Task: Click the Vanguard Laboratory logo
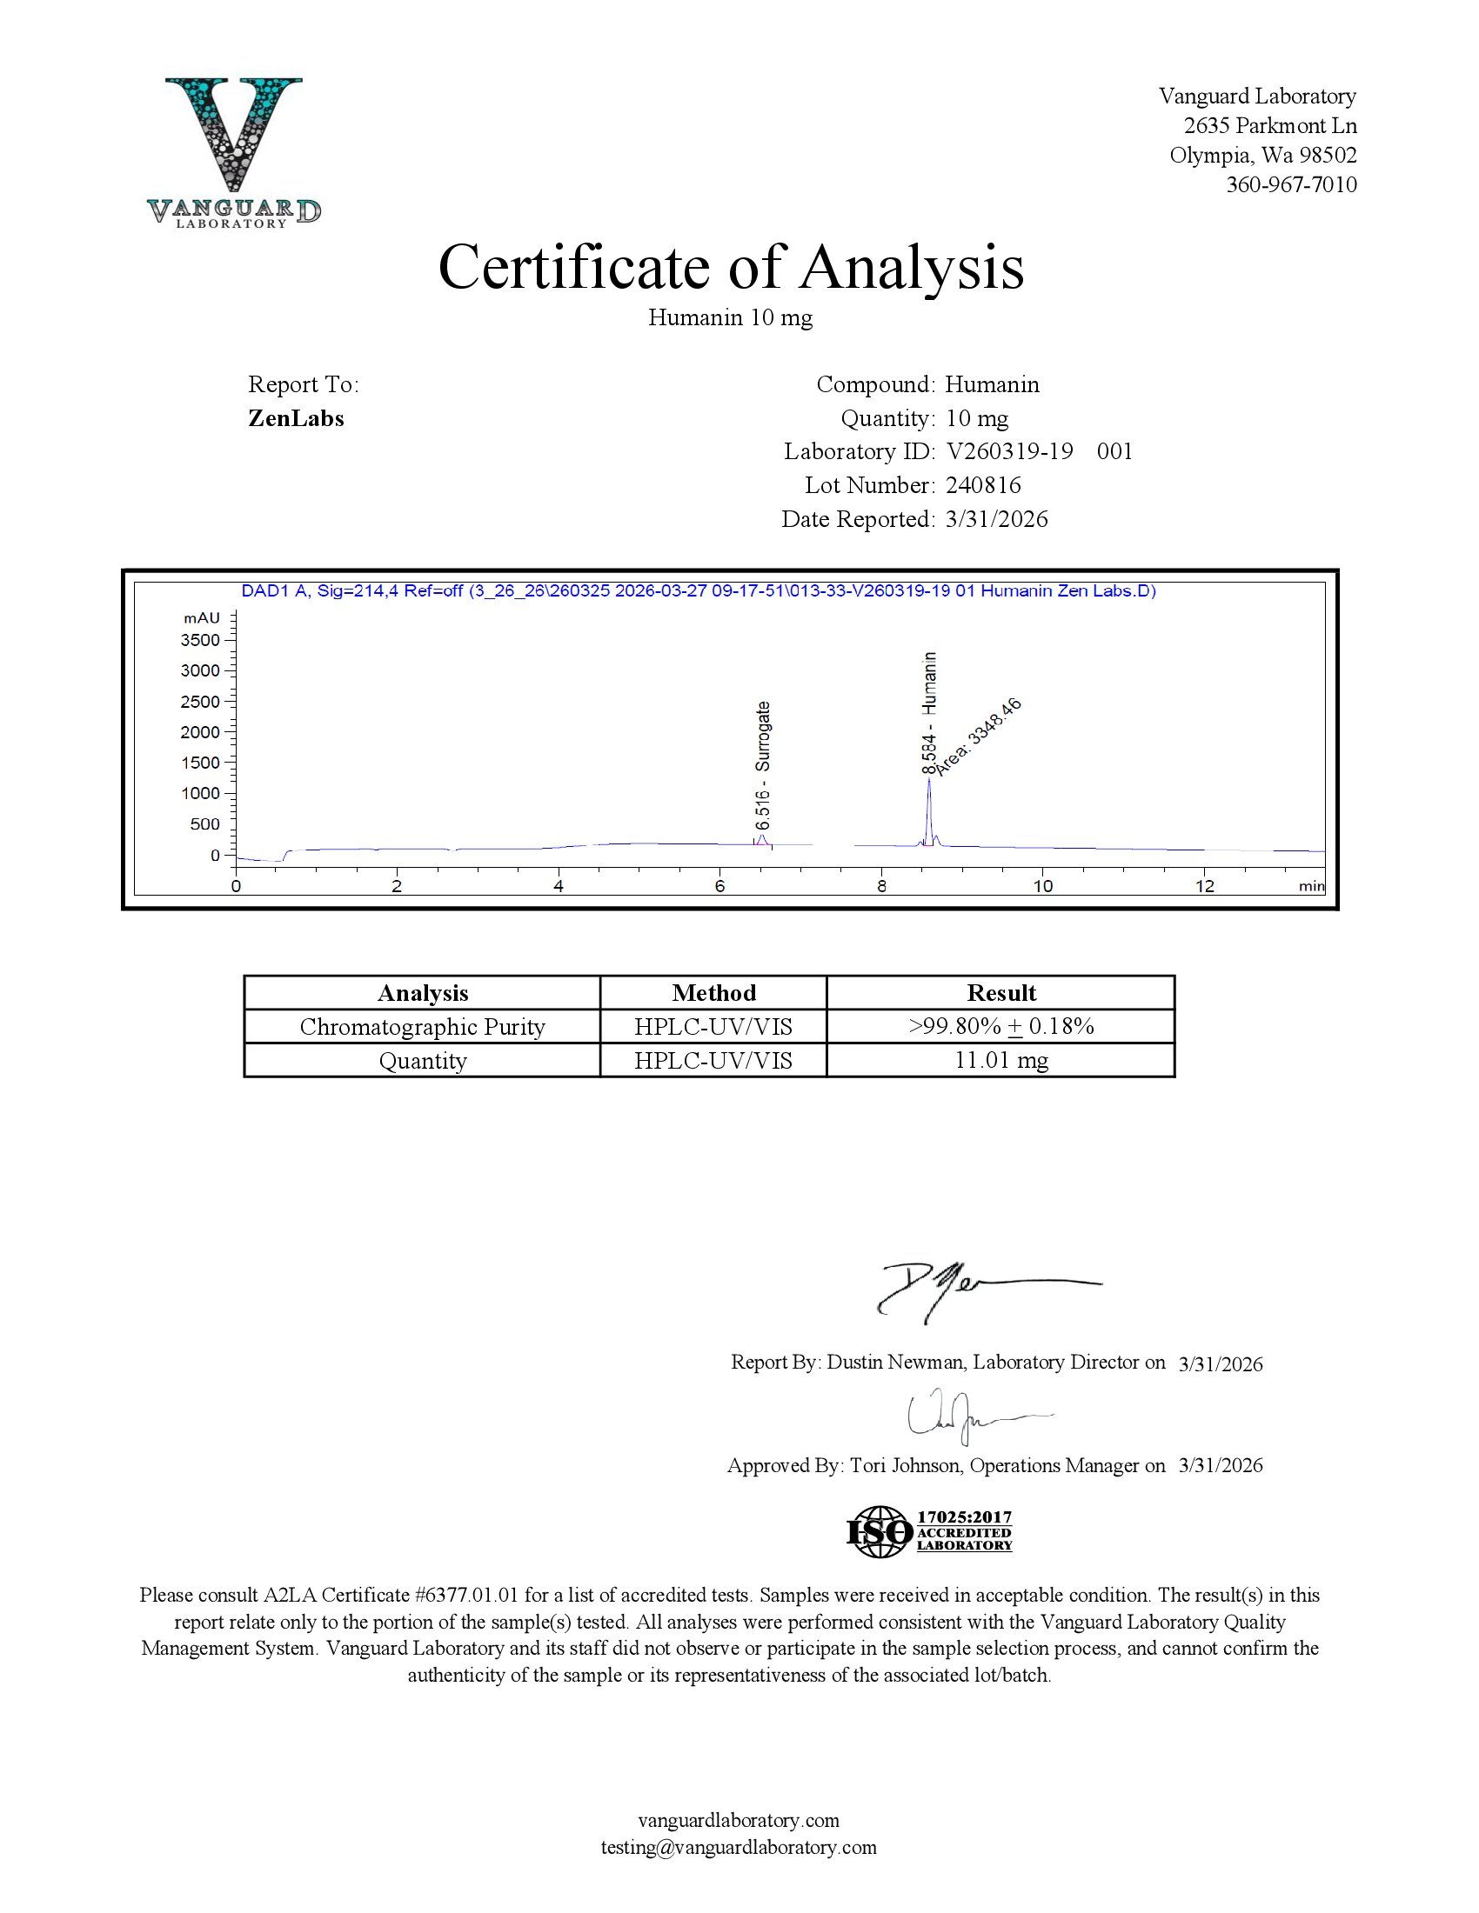pos(234,150)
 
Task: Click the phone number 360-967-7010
pos(1290,185)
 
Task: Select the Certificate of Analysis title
pos(730,266)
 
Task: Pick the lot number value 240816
pos(983,485)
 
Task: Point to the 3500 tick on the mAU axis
pos(200,639)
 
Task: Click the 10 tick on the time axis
pos(1041,885)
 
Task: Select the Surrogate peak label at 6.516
pos(763,764)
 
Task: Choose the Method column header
pos(713,992)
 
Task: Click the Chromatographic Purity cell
pos(422,1027)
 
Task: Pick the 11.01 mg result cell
pos(1000,1061)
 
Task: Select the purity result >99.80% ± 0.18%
pos(1000,1027)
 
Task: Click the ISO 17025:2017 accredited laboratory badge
pos(929,1531)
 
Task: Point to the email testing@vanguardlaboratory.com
pos(739,1847)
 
